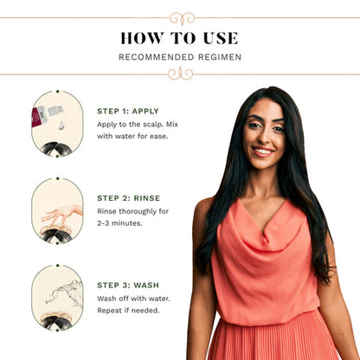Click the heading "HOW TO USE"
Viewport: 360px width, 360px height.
(x=179, y=38)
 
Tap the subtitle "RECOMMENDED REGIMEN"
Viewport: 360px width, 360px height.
(x=180, y=57)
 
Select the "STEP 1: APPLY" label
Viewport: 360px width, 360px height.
(x=128, y=111)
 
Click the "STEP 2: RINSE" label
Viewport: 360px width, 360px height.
(x=129, y=198)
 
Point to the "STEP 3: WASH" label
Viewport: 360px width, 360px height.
(x=128, y=286)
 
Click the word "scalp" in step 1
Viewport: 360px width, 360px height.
(x=152, y=125)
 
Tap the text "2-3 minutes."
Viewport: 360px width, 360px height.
(x=119, y=223)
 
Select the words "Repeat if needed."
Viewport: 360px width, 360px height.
(x=128, y=311)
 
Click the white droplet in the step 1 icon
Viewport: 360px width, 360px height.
(x=61, y=125)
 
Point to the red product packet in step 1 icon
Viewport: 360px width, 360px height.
(x=36, y=116)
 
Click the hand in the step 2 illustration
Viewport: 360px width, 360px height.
(x=61, y=214)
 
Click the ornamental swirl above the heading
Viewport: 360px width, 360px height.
(x=182, y=18)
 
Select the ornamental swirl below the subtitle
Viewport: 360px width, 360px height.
(x=181, y=74)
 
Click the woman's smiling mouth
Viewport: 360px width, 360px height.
(x=262, y=151)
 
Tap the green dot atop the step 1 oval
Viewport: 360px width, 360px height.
(x=58, y=92)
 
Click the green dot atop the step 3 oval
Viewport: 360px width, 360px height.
(x=58, y=266)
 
